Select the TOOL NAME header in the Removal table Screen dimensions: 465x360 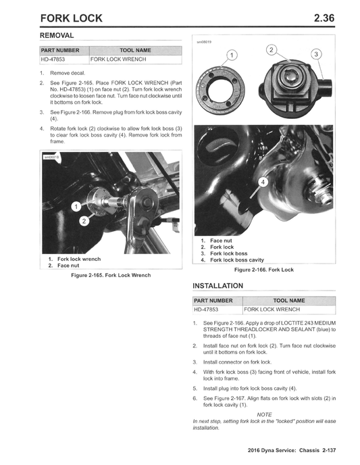tap(135, 50)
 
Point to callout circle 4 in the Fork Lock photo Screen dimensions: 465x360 tap(264, 182)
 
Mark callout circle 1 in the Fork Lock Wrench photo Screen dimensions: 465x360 tap(78, 206)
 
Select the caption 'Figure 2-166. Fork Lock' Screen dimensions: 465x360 tap(263, 270)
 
